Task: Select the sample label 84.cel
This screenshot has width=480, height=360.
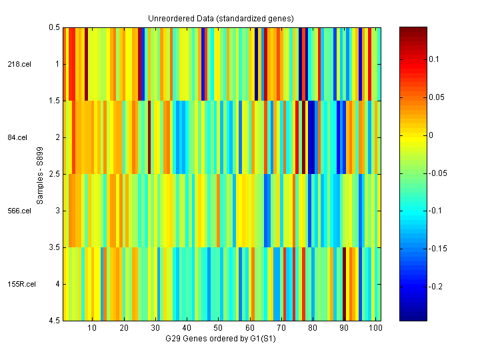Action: click(x=18, y=138)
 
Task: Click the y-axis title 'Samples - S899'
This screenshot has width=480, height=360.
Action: click(x=41, y=175)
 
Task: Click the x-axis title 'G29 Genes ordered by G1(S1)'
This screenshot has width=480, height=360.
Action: click(x=221, y=339)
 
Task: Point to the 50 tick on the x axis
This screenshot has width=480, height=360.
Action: click(x=218, y=329)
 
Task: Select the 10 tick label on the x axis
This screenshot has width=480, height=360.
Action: click(x=92, y=329)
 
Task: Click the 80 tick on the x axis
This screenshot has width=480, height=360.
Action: click(x=312, y=329)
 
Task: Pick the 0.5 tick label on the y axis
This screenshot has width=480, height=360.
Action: click(x=55, y=28)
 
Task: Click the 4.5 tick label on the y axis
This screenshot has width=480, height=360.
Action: click(x=55, y=321)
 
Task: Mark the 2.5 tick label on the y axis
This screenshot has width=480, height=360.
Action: click(x=55, y=175)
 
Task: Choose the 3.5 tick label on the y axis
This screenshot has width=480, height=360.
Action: click(x=55, y=248)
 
